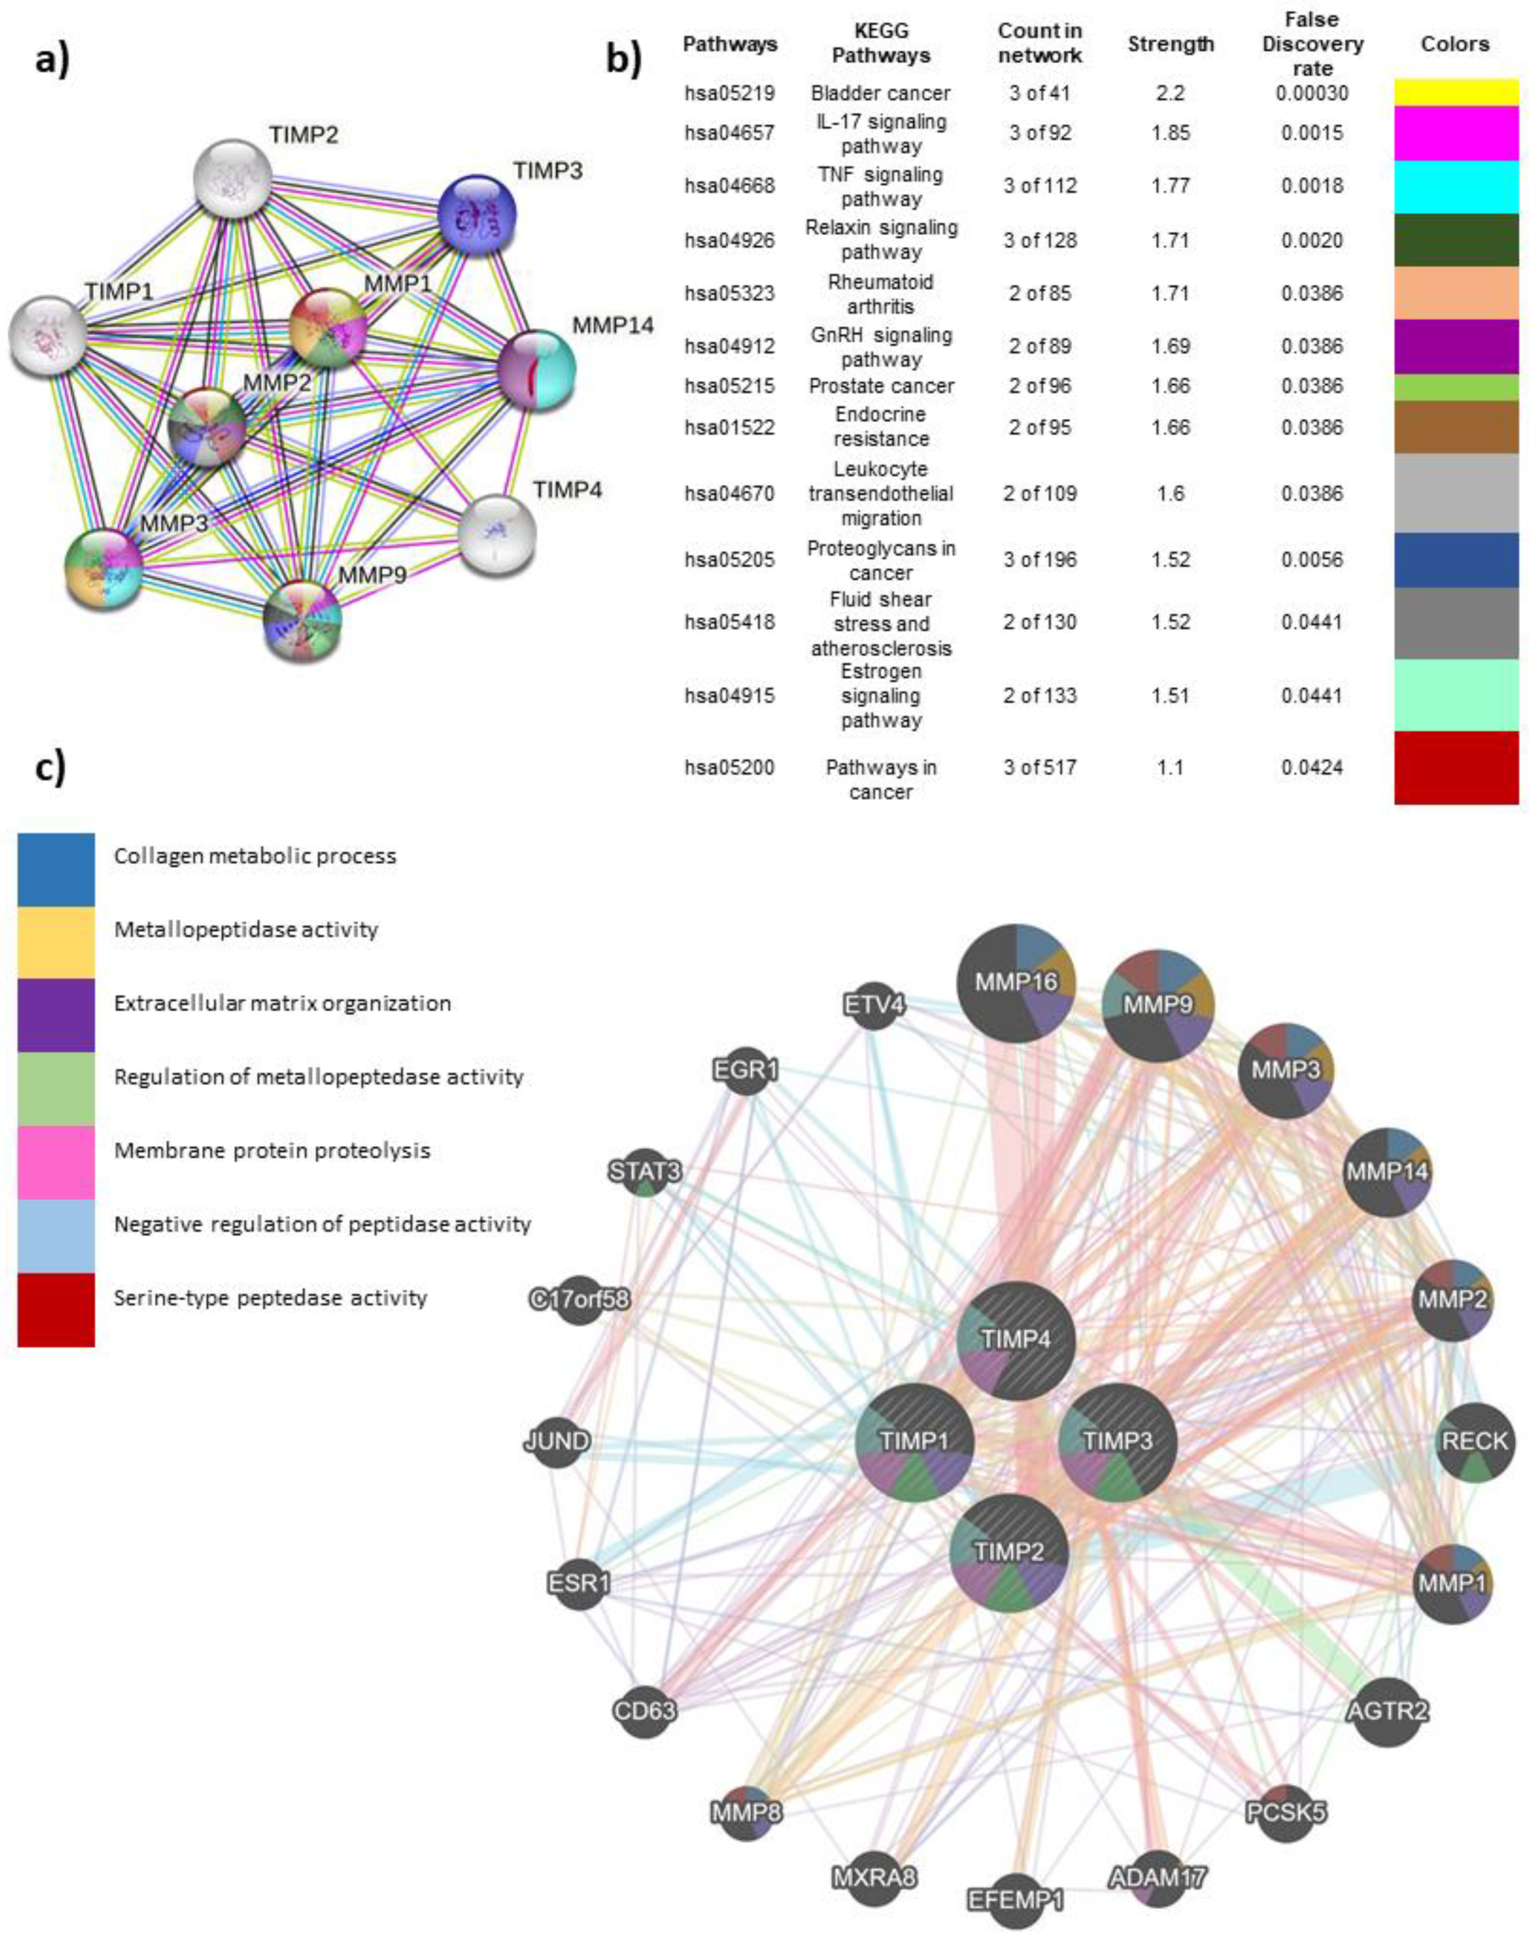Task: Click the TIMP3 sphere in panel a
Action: click(476, 215)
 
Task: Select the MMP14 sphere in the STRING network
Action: click(536, 369)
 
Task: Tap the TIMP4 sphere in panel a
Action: click(497, 535)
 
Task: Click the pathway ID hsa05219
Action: click(730, 93)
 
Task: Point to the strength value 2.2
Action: click(1170, 93)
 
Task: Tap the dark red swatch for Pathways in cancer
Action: click(1455, 768)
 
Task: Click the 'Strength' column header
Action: click(1170, 44)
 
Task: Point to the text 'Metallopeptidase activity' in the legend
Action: click(246, 930)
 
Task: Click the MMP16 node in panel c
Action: click(1016, 983)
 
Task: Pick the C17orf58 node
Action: click(579, 1299)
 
